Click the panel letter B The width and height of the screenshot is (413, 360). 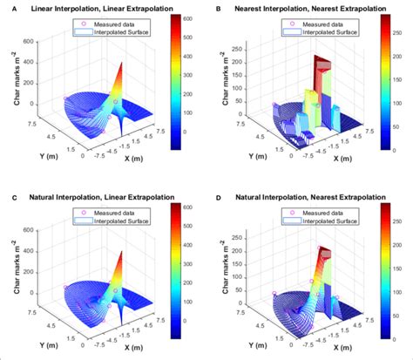217,7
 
